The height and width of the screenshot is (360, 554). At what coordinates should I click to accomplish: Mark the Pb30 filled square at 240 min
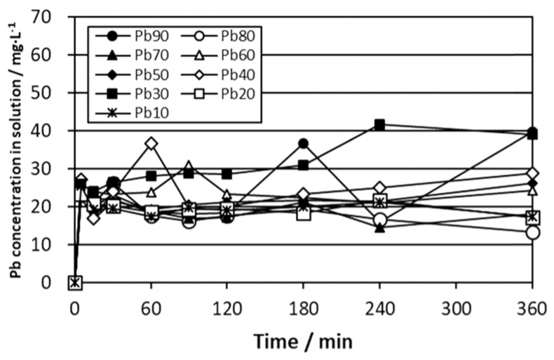(379, 125)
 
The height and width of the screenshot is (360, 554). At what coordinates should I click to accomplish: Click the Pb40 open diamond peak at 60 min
(151, 143)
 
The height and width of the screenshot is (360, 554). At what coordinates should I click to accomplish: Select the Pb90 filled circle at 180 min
(303, 144)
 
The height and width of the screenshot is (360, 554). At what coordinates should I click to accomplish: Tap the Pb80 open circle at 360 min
(532, 232)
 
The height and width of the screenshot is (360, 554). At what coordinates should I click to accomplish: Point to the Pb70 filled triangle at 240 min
(379, 227)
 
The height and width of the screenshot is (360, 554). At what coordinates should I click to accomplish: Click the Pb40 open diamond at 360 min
(532, 173)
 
